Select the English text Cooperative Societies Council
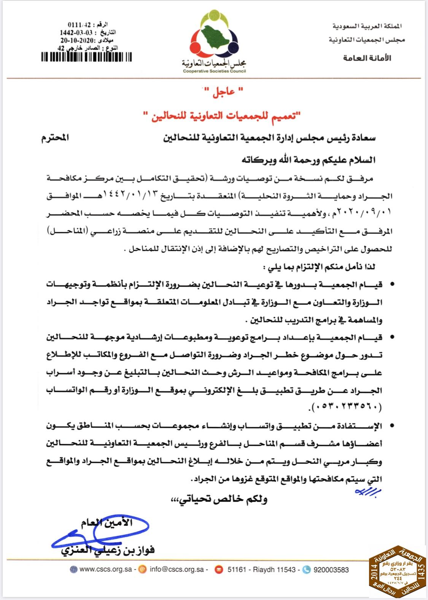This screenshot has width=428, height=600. (x=214, y=71)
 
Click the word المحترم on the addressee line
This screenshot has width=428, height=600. (x=55, y=138)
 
